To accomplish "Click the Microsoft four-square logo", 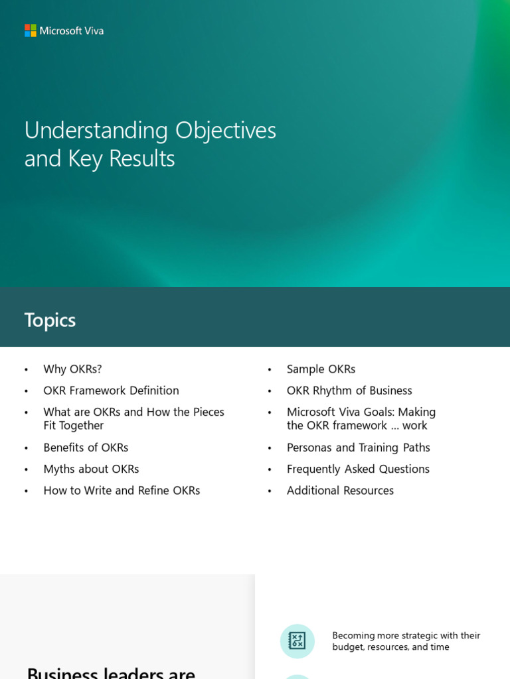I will pyautogui.click(x=31, y=31).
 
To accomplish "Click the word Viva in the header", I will pyautogui.click(x=94, y=31).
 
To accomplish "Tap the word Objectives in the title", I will pyautogui.click(x=225, y=130).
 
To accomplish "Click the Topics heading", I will pyautogui.click(x=50, y=320).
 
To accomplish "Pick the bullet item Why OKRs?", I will pyautogui.click(x=72, y=369).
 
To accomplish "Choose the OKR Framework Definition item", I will pyautogui.click(x=111, y=391).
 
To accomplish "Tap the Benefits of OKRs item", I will pyautogui.click(x=86, y=448).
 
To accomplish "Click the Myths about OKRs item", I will pyautogui.click(x=91, y=469).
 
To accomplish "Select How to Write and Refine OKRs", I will pyautogui.click(x=122, y=491).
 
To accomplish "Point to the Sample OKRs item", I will pyautogui.click(x=321, y=369).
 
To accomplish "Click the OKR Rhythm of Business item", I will pyautogui.click(x=349, y=391).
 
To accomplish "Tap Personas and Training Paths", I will pyautogui.click(x=358, y=448).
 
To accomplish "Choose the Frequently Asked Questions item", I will pyautogui.click(x=358, y=469).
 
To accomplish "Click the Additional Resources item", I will pyautogui.click(x=340, y=491).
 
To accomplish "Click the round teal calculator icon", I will pyautogui.click(x=297, y=641).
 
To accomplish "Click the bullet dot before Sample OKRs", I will pyautogui.click(x=270, y=370).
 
